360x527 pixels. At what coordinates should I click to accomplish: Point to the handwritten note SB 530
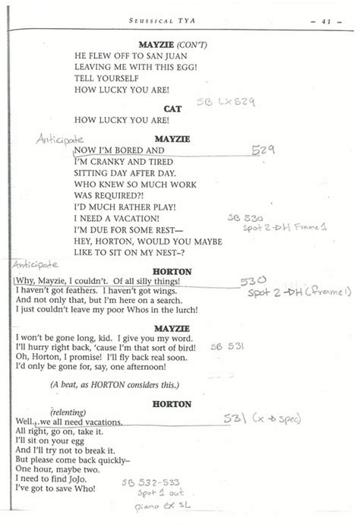[244, 216]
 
